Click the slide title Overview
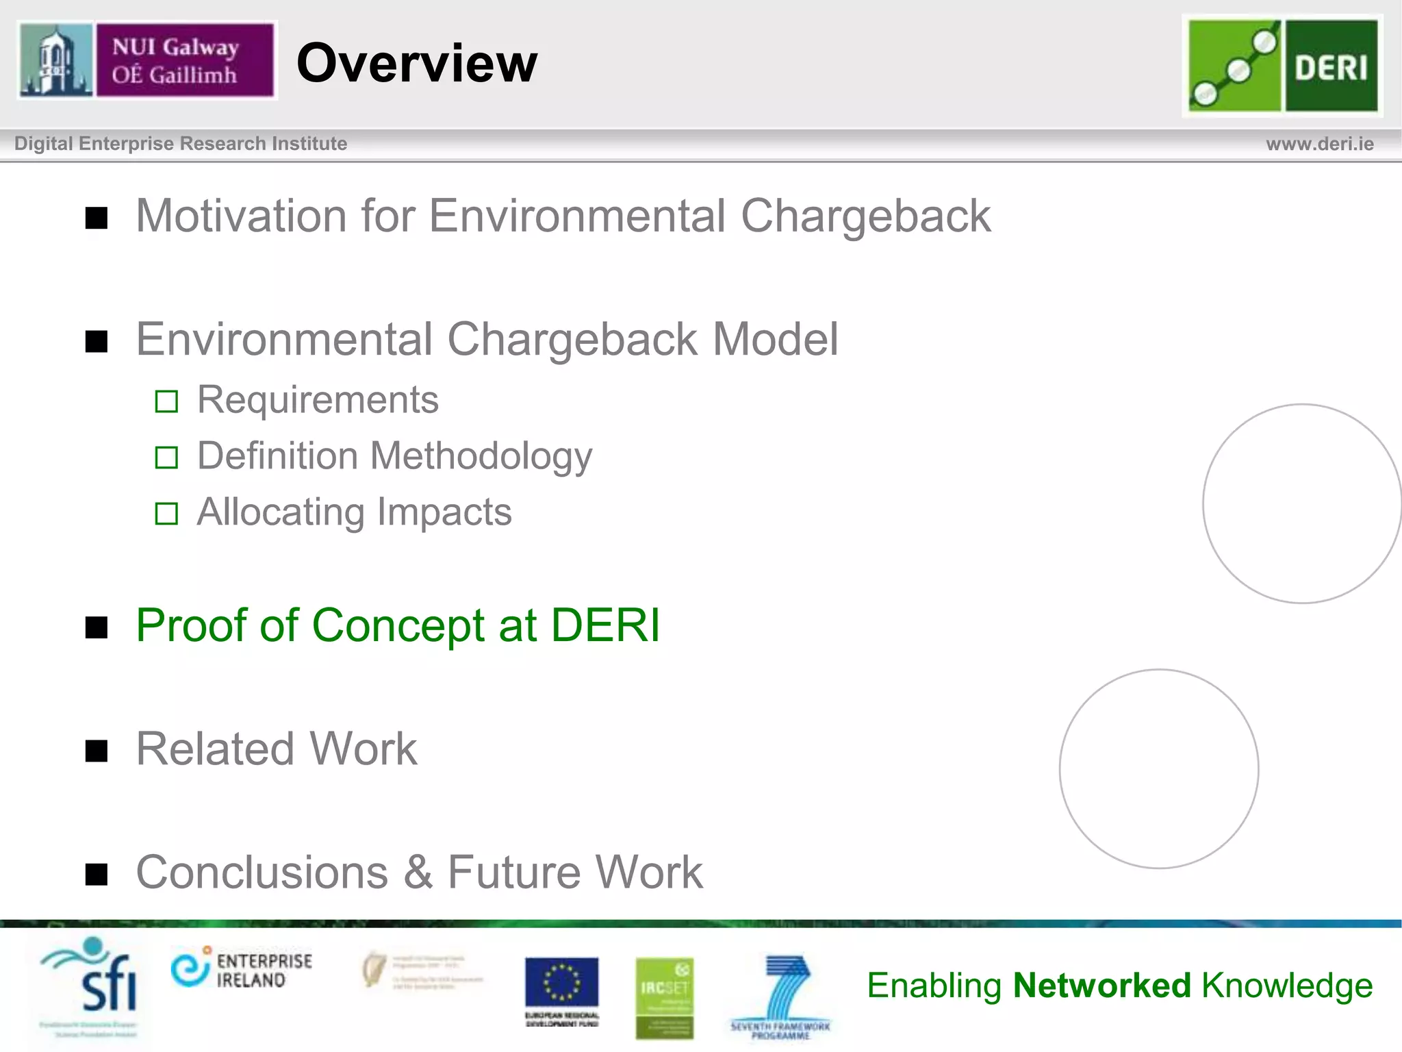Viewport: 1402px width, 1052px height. pos(416,63)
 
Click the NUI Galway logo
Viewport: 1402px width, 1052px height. pos(146,60)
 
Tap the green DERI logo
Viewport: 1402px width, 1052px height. pos(1282,66)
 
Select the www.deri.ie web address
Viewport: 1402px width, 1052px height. pos(1319,144)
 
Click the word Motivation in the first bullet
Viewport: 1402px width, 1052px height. pos(242,216)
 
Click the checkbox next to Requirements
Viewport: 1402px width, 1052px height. pos(166,401)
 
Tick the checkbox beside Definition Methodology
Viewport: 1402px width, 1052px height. pos(166,458)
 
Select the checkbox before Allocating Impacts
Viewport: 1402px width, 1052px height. pos(166,514)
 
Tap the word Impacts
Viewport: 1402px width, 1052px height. pos(444,512)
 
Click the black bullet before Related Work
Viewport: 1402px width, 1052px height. pos(97,751)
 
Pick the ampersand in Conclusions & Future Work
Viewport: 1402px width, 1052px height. pos(418,873)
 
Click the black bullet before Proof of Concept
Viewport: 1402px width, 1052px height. pos(97,627)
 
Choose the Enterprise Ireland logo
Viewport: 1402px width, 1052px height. pos(242,969)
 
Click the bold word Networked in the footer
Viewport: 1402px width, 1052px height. pos(1102,986)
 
